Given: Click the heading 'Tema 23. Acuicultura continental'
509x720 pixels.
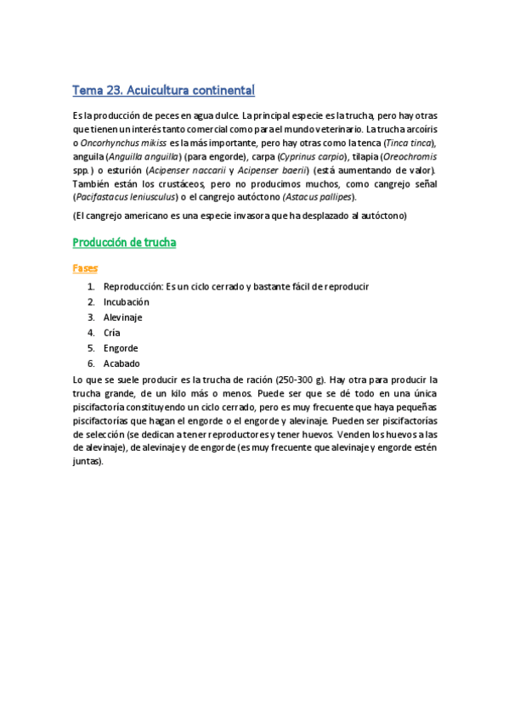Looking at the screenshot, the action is point(163,90).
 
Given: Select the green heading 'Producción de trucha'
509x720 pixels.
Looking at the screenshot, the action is point(124,243).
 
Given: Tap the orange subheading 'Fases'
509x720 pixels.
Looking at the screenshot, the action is point(85,267).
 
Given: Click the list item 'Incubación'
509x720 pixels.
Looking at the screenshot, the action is point(126,301).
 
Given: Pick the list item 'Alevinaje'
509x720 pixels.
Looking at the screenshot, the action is point(122,317).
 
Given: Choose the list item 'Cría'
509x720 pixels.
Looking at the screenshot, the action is point(111,332).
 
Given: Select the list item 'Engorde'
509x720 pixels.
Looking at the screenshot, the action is point(120,348).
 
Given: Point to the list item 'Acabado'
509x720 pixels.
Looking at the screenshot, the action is point(122,363).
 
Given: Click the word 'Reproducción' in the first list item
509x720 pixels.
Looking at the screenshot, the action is point(132,286).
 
